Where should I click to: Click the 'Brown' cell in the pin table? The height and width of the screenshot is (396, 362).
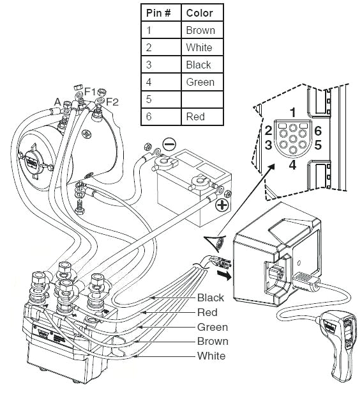[200, 30]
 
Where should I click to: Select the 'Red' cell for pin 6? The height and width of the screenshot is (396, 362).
[195, 116]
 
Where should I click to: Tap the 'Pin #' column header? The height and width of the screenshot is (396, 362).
[159, 13]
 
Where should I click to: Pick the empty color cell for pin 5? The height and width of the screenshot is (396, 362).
[200, 99]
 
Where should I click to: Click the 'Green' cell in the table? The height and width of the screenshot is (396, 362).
[200, 82]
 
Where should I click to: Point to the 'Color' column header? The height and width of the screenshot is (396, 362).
[199, 13]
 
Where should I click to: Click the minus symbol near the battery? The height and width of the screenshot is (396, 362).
[170, 144]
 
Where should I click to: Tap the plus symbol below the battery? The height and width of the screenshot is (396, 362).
[222, 205]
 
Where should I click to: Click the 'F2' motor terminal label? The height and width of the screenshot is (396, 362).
[112, 102]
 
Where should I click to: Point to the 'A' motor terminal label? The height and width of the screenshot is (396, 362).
[57, 102]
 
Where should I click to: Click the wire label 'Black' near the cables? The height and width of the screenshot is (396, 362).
[210, 297]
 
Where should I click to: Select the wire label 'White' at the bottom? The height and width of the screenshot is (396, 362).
[211, 356]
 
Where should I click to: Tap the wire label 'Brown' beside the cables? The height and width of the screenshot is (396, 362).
[212, 341]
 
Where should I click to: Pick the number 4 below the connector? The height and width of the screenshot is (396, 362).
[292, 164]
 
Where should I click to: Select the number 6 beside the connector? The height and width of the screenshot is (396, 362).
[317, 131]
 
